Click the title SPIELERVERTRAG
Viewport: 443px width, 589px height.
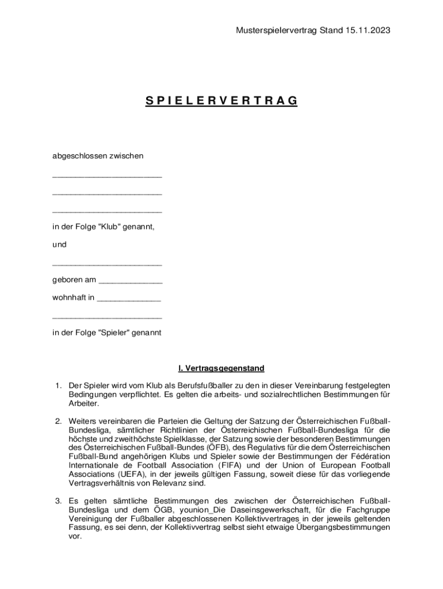(221, 101)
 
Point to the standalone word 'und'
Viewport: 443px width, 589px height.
(59, 244)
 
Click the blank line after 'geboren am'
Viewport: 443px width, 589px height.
(131, 282)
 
